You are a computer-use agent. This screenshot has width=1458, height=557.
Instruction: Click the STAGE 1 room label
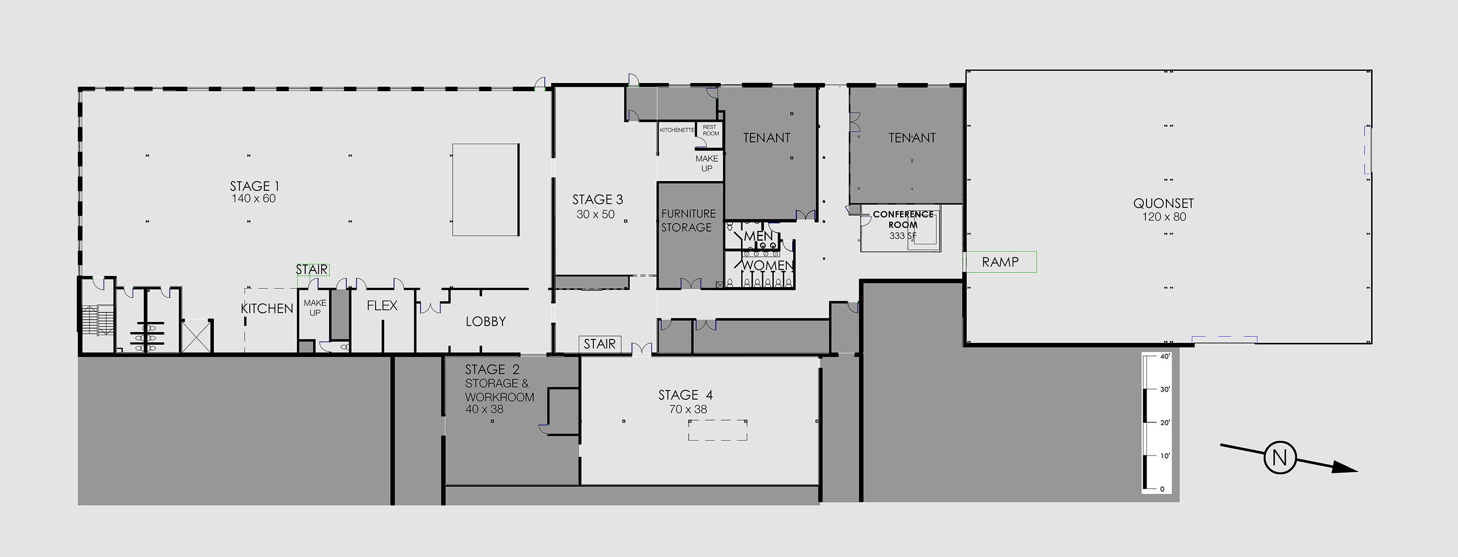pos(254,186)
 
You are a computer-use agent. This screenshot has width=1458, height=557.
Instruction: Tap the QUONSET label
pos(1163,203)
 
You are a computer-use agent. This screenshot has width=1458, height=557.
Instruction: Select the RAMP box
pos(1001,262)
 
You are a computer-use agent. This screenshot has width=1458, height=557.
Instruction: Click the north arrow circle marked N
pos(1280,457)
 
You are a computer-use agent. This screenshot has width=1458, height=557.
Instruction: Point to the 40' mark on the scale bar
pos(1164,357)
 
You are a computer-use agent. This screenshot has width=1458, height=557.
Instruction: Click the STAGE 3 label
pos(597,200)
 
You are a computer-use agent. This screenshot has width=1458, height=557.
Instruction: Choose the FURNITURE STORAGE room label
pos(688,220)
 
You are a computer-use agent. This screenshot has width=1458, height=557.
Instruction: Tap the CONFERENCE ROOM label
pos(903,219)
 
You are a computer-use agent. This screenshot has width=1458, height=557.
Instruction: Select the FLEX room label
pos(382,306)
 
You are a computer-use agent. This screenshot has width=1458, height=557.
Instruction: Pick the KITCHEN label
pos(267,309)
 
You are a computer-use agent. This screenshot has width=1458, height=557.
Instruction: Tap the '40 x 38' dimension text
pos(485,409)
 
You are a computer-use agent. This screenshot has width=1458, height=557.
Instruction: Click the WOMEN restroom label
pos(767,265)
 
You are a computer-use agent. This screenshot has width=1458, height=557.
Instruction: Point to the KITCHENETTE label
pos(677,130)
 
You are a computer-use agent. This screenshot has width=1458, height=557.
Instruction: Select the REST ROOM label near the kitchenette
pos(711,131)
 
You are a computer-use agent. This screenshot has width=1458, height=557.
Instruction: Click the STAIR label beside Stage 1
pos(312,270)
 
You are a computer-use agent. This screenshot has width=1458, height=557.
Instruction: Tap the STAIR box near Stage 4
pos(599,344)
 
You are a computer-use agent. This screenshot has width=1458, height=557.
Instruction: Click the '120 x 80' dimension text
pos(1163,217)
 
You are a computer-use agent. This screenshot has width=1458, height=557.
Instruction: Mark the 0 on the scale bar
pos(1163,489)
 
